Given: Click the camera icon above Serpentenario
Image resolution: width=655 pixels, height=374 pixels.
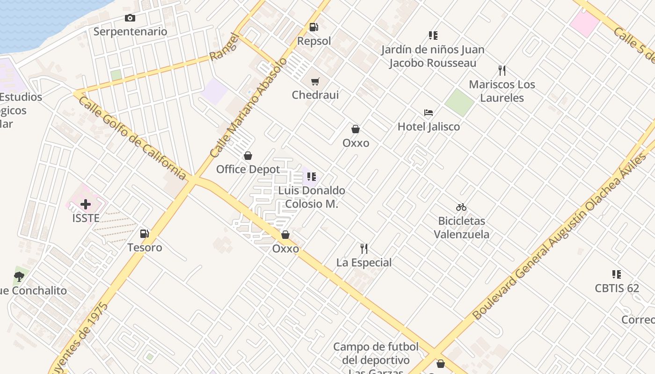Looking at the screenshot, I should point(130,18).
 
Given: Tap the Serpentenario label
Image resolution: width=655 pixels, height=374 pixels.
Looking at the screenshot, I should point(130,32).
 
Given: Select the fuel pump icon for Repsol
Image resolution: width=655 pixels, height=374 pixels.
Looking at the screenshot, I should point(313,27).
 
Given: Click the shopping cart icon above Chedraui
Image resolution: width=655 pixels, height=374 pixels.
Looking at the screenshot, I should point(315,82).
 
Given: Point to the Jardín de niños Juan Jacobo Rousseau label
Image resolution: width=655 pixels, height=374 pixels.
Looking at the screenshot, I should point(432,56).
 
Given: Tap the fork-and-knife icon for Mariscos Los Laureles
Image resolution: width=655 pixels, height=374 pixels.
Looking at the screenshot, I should point(502,71).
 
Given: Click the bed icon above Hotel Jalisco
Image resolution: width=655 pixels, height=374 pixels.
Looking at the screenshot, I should point(429,113).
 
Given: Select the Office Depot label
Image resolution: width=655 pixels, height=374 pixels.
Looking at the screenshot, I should point(248,169).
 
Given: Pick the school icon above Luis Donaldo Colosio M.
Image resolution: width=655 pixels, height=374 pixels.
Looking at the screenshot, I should point(312,177).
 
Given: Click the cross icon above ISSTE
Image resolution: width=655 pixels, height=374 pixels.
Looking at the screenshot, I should point(86,204).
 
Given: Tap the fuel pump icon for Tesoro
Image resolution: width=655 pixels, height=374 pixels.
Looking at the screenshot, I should point(145,234).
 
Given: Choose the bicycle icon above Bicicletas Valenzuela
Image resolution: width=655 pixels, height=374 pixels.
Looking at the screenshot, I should point(461,207).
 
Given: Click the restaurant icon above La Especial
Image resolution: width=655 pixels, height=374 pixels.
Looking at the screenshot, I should point(364,249).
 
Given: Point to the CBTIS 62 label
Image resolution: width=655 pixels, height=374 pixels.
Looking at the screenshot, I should point(617,288).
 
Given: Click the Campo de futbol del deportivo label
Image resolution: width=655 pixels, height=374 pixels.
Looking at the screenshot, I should point(376,353).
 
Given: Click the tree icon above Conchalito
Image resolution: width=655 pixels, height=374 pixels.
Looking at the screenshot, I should point(19,277).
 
